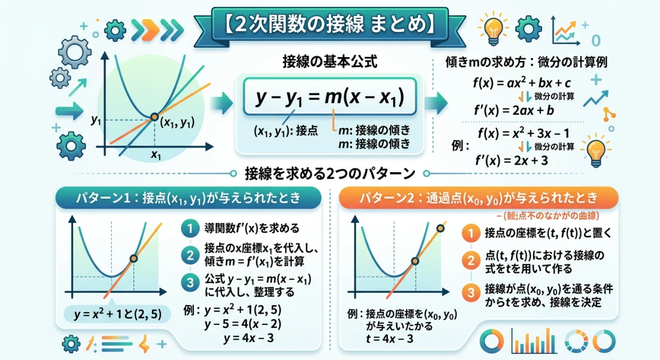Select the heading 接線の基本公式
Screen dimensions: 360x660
coord(329,61)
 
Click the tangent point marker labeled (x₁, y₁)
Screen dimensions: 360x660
coord(155,117)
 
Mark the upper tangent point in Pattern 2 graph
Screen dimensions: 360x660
coord(440,228)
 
